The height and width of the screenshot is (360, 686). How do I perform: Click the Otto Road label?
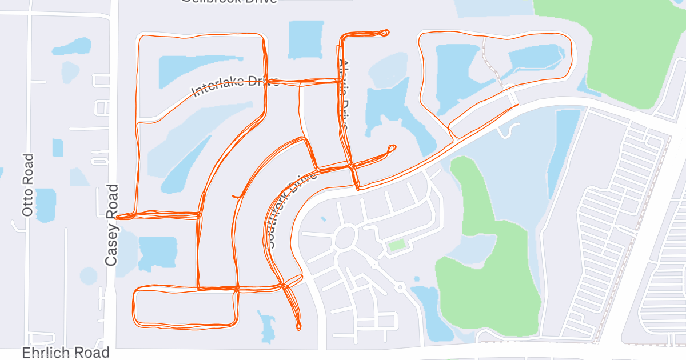click(29, 185)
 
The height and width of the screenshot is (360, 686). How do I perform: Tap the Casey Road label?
click(111, 225)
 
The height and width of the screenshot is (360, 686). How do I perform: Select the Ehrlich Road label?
click(66, 353)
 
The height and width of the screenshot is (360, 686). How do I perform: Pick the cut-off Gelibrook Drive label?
click(229, 2)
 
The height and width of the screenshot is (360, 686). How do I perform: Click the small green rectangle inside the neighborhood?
click(397, 246)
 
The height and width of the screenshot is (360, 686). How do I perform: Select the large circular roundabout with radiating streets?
click(345, 238)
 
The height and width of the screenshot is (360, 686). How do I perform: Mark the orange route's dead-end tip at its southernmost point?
click(298, 327)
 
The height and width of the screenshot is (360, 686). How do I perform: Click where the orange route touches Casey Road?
click(117, 217)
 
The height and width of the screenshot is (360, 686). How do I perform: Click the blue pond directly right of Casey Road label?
click(157, 252)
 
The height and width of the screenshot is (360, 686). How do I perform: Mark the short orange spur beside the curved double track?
click(235, 197)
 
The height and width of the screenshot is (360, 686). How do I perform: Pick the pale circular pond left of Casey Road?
click(88, 276)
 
